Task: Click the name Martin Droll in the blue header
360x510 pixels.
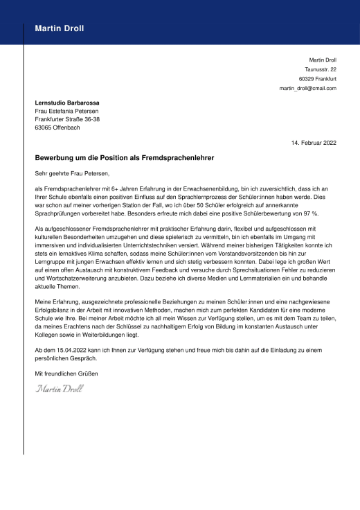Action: pos(61,28)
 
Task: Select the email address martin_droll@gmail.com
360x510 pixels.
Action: pos(307,89)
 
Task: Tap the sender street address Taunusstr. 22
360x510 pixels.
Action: pos(321,69)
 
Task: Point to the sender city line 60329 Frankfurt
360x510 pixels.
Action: pos(318,79)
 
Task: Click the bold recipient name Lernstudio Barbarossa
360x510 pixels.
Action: pos(69,103)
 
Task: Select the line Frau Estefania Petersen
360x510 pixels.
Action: pos(66,112)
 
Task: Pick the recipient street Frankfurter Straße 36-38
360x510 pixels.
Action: pos(67,120)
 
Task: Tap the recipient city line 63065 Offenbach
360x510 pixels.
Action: pos(57,128)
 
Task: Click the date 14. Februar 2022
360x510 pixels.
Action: pos(314,143)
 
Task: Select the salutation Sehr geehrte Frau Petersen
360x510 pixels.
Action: pos(72,174)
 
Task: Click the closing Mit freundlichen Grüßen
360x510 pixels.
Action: pos(66,374)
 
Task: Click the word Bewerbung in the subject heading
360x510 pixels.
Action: pos(57,158)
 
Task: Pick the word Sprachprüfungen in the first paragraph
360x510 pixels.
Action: pos(57,215)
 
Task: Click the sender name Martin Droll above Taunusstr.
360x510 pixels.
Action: pos(322,60)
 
